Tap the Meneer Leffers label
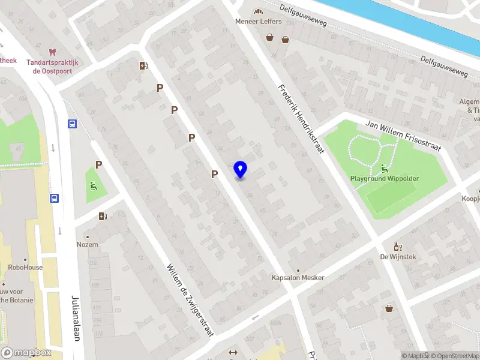tap(258, 22)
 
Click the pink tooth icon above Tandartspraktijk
tap(52, 52)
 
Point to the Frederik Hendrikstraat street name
tap(301, 119)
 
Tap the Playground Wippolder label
tap(385, 179)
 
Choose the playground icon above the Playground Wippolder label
tap(384, 168)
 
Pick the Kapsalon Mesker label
tap(298, 278)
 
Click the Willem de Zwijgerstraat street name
tap(190, 300)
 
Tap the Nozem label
tap(87, 245)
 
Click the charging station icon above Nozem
tap(103, 217)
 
